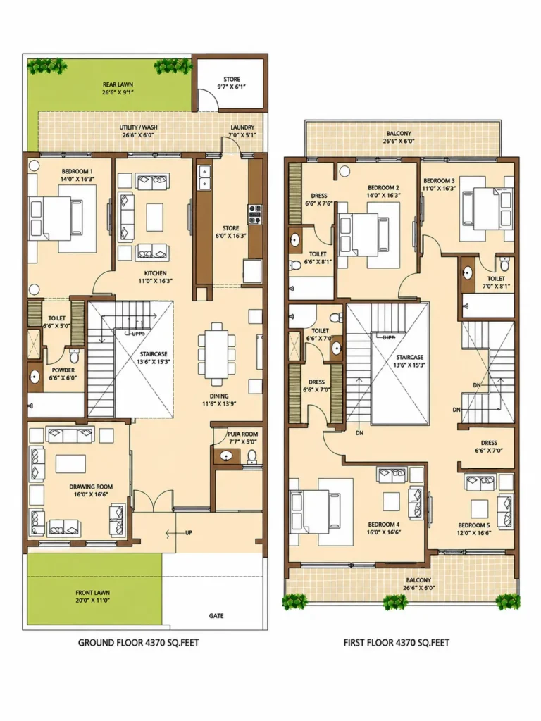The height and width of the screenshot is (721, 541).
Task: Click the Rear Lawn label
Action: pyautogui.click(x=118, y=84)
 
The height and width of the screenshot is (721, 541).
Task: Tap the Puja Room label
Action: pyautogui.click(x=242, y=434)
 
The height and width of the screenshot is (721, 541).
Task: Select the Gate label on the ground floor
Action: pyautogui.click(x=216, y=615)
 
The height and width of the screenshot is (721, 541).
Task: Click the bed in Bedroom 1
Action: pyautogui.click(x=56, y=218)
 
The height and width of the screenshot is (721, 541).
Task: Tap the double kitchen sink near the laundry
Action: pyautogui.click(x=204, y=178)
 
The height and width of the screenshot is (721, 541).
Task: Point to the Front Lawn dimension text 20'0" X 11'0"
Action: pyautogui.click(x=92, y=600)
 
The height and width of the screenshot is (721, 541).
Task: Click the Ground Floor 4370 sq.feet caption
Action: pyautogui.click(x=139, y=642)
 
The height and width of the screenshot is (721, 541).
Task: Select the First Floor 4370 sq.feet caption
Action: pyautogui.click(x=396, y=642)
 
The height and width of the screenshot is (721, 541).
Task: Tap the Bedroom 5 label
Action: pyautogui.click(x=474, y=525)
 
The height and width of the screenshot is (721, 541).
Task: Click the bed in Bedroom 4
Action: pyautogui.click(x=316, y=511)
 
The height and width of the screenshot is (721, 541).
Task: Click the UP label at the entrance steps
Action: pyautogui.click(x=189, y=533)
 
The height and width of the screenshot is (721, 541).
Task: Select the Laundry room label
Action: pyautogui.click(x=242, y=127)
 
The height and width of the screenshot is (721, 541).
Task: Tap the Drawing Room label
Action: pyautogui.click(x=91, y=487)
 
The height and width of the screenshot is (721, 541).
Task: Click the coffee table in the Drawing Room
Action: pyautogui.click(x=71, y=463)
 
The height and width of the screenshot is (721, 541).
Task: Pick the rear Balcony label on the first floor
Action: pyautogui.click(x=399, y=133)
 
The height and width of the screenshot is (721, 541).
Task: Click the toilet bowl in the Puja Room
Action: pyautogui.click(x=252, y=456)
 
